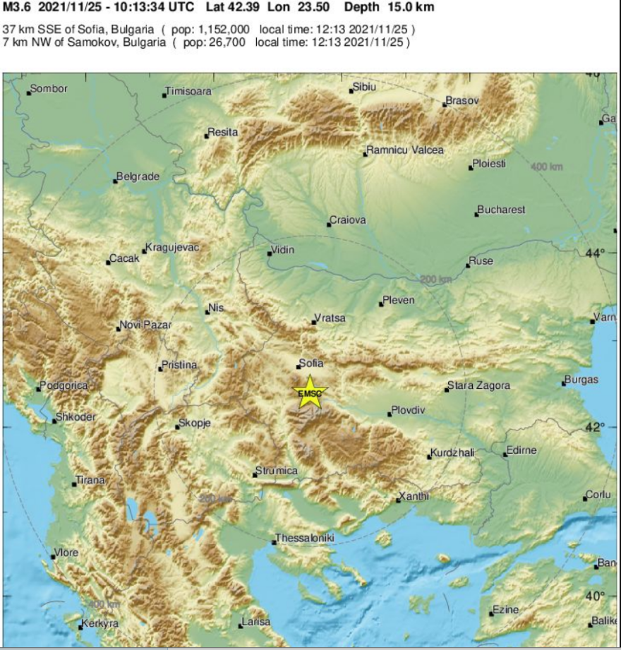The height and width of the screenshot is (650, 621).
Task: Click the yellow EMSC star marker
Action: coord(310,393)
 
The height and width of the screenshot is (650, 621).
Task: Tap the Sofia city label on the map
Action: coord(311,363)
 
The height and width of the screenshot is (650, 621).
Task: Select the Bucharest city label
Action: coord(501,210)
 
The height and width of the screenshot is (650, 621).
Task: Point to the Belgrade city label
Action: coord(138,177)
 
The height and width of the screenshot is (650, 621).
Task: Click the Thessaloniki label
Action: coord(304,538)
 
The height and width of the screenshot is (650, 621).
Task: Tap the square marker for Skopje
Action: coord(177,427)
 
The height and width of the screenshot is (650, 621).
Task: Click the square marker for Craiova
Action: coord(329,224)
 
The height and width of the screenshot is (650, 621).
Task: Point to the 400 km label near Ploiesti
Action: coord(547,167)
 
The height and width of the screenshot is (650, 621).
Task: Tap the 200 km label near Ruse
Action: coord(435,280)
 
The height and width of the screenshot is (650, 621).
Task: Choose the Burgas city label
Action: coord(581,380)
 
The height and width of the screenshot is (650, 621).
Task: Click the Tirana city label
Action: coord(90,481)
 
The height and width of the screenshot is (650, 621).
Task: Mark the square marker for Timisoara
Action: coord(164,95)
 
